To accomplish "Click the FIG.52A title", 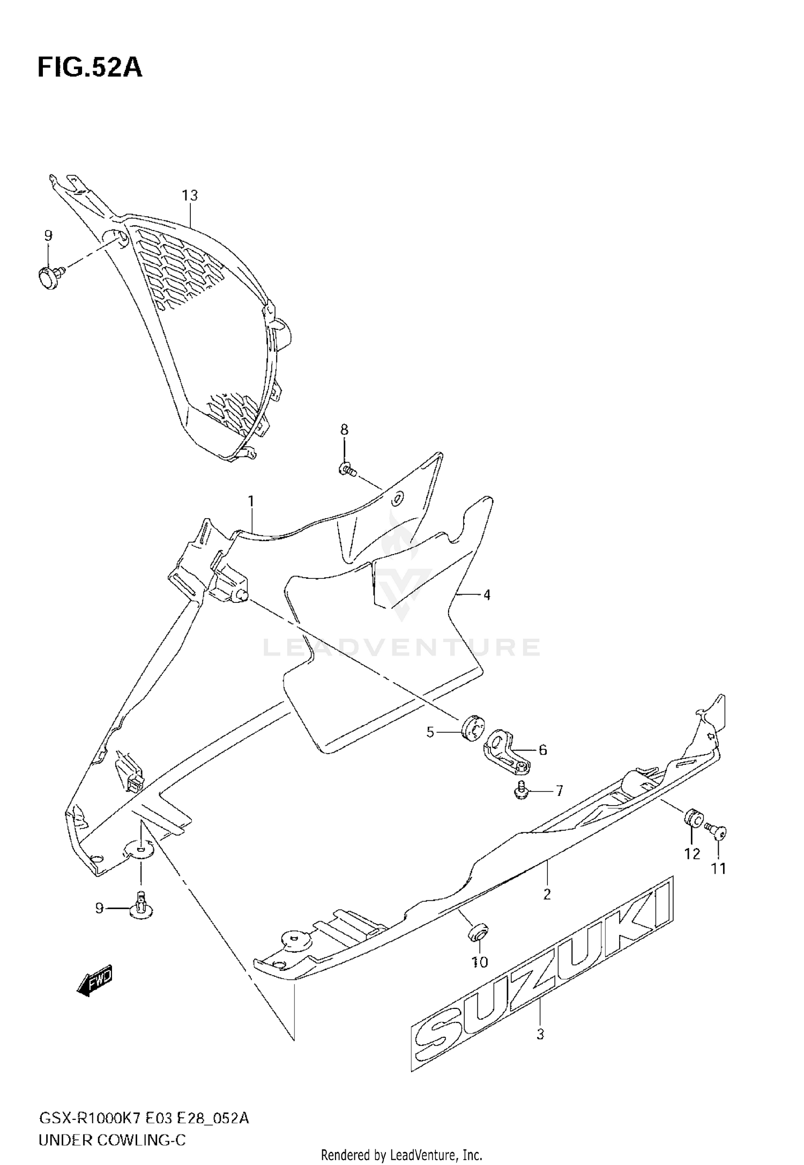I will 90,68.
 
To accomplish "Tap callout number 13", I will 190,195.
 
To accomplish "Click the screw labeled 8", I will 347,470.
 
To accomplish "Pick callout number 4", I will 487,594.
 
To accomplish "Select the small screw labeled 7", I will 520,791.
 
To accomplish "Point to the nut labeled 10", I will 478,932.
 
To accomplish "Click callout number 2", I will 547,894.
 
